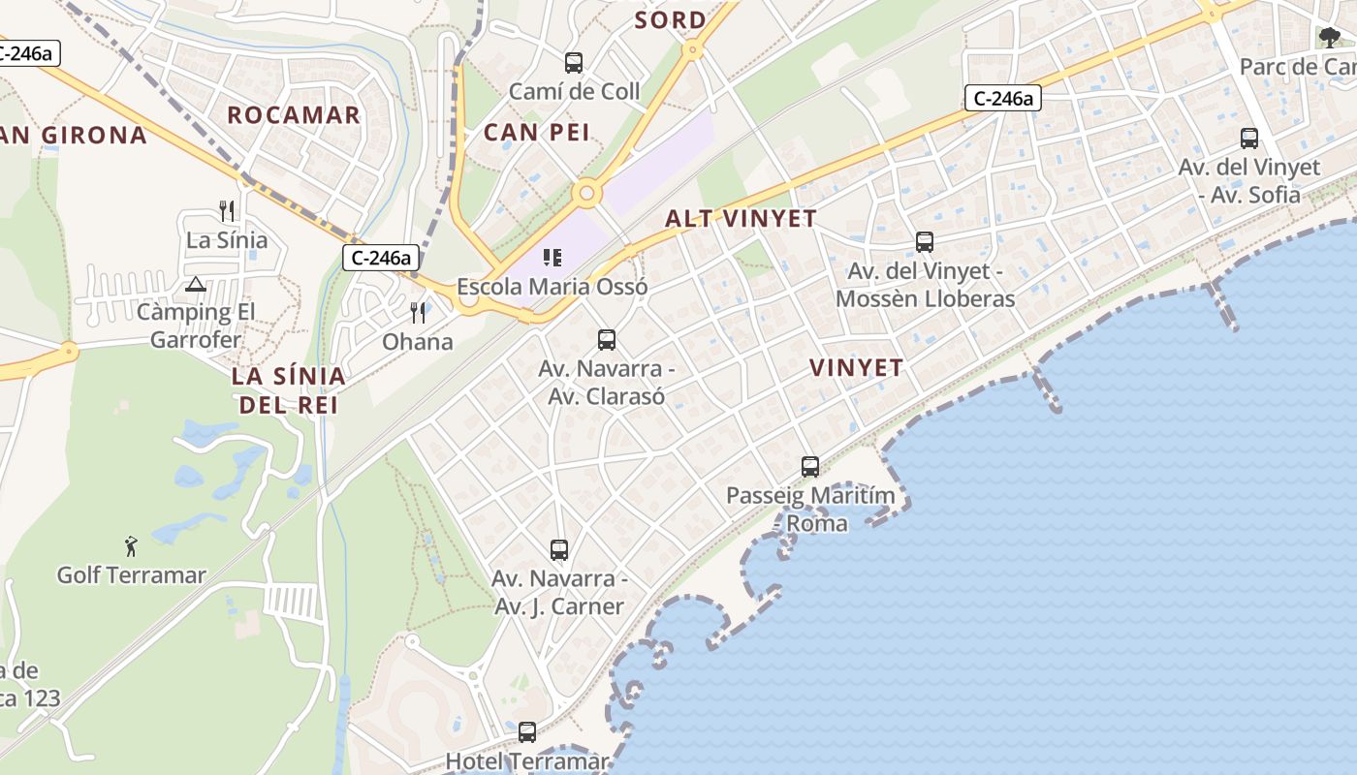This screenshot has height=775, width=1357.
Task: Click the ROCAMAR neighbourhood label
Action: (294, 115)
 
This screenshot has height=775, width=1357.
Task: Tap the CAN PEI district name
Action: (537, 133)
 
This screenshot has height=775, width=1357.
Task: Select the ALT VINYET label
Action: (742, 219)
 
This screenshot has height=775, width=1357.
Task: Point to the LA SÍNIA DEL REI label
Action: (289, 390)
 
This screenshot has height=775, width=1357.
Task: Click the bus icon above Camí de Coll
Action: (574, 63)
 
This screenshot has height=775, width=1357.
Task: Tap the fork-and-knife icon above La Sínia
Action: (227, 210)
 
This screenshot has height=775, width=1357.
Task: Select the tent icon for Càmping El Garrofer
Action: (196, 285)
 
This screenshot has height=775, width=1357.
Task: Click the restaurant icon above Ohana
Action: (418, 312)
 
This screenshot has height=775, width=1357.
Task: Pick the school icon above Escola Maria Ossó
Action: (552, 258)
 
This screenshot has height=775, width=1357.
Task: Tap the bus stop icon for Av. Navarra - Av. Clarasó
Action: (607, 340)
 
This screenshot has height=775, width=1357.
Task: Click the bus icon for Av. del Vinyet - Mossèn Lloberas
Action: (925, 242)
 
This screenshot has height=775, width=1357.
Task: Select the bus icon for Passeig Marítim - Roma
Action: (810, 467)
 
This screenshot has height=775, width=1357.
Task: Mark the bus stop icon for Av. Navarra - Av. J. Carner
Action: (559, 550)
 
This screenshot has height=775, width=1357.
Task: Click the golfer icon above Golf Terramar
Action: (132, 546)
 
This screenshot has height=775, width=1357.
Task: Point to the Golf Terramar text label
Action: (132, 575)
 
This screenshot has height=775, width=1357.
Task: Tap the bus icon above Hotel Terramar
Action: (527, 732)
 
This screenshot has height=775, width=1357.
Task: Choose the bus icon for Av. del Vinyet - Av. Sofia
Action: (1249, 139)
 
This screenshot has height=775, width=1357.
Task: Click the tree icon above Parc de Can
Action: (1329, 38)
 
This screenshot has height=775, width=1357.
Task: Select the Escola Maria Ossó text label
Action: (552, 287)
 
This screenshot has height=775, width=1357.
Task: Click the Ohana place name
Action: (418, 342)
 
